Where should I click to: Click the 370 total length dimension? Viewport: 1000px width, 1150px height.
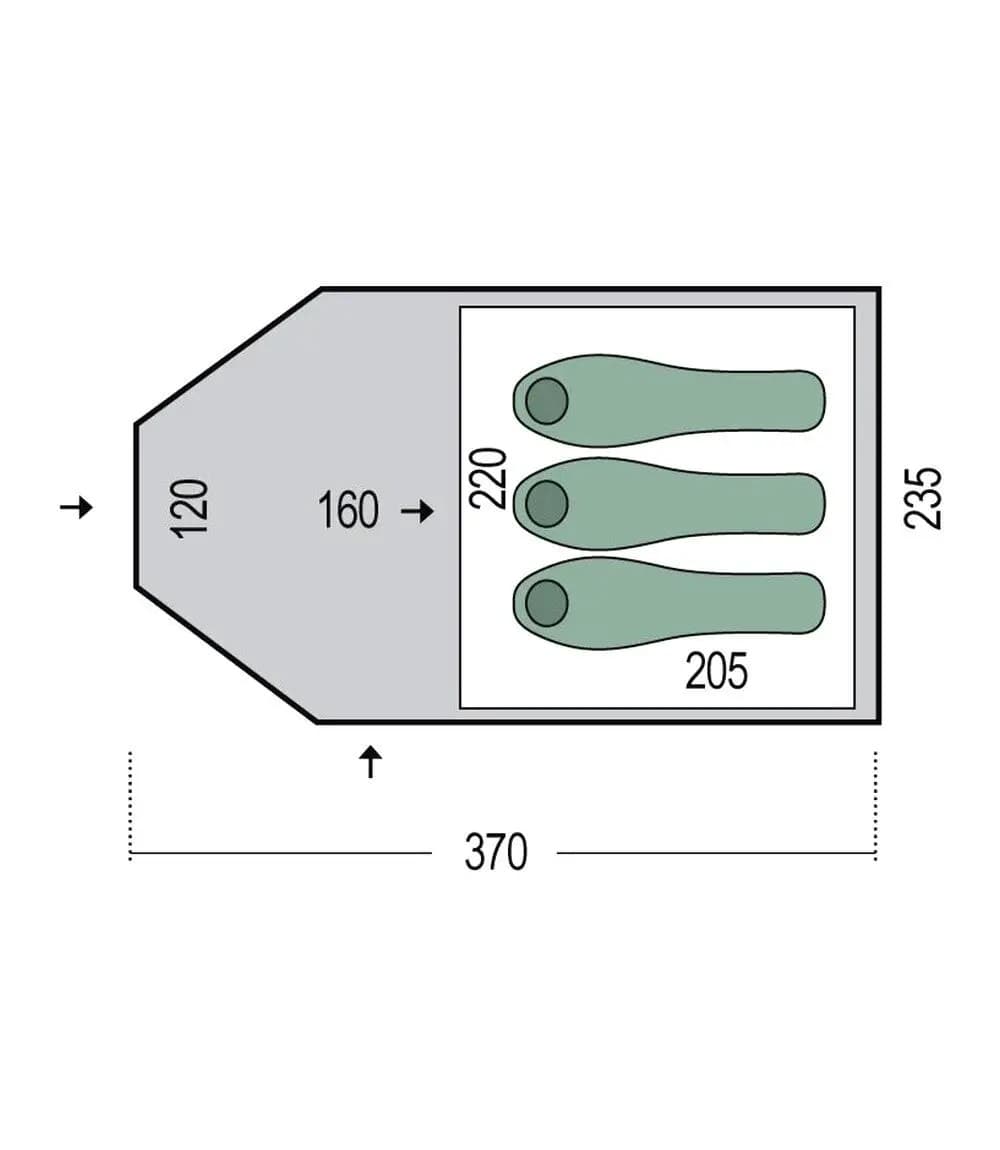[x=496, y=852]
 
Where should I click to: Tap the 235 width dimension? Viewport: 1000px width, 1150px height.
[x=923, y=497]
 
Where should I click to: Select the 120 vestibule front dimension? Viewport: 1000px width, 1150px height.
[x=189, y=509]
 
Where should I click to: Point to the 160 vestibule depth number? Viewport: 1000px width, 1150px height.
[x=348, y=510]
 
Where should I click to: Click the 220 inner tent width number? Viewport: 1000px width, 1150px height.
[x=488, y=478]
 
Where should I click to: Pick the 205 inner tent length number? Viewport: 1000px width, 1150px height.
[x=716, y=671]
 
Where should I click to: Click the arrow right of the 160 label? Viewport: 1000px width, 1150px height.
[x=417, y=511]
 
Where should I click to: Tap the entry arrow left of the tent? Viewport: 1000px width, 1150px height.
[x=76, y=507]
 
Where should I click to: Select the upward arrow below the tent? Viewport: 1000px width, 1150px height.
[x=371, y=762]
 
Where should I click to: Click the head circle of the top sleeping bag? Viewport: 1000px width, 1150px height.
[x=547, y=401]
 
